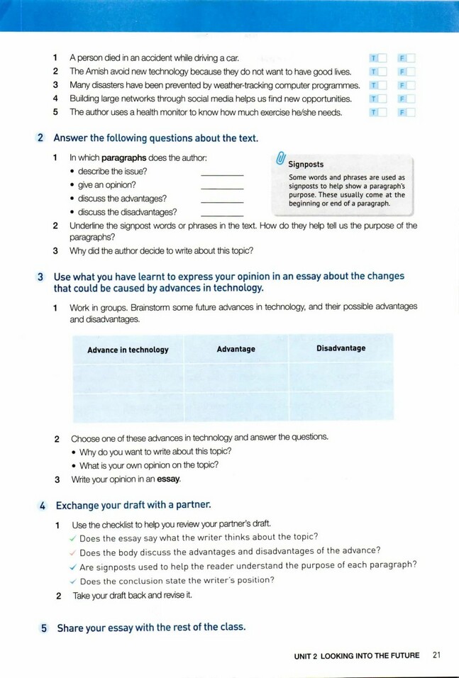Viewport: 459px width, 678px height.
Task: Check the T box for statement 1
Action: click(x=382, y=58)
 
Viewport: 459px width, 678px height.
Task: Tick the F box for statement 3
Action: click(x=410, y=85)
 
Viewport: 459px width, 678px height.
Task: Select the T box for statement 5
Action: click(x=382, y=112)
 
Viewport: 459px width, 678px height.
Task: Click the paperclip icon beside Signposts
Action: click(x=280, y=158)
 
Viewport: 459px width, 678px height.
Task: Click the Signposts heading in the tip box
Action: click(x=306, y=165)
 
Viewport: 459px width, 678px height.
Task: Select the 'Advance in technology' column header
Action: click(x=128, y=350)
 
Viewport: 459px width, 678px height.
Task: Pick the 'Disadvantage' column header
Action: click(x=341, y=348)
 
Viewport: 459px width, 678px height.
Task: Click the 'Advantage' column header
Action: click(x=236, y=349)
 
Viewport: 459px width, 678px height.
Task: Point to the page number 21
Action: click(x=436, y=655)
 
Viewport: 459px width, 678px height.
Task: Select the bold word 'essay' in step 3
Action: click(x=168, y=479)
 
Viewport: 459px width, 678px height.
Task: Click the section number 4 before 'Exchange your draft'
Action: click(x=43, y=506)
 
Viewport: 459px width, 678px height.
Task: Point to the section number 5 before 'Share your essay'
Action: click(x=43, y=628)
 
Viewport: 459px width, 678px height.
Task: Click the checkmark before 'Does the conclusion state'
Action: click(x=72, y=580)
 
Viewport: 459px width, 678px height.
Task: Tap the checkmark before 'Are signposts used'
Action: click(x=72, y=566)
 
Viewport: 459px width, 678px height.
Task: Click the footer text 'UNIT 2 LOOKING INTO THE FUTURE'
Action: click(x=357, y=656)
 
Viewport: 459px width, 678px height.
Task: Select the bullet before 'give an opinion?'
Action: click(x=73, y=186)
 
